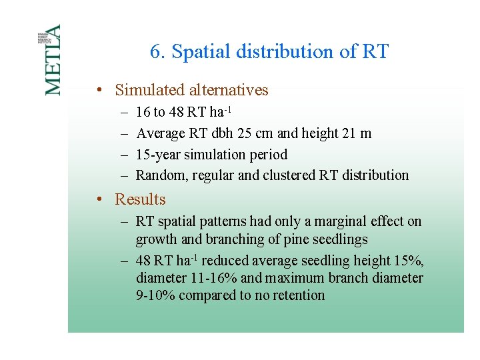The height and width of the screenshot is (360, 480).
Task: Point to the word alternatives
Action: pos(229,90)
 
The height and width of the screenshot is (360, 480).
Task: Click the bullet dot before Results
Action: pos(98,199)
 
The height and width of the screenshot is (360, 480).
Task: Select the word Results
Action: pos(140,199)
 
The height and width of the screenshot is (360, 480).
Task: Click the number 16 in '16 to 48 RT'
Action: pos(143,112)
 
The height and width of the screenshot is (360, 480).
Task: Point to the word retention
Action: pos(297,295)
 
